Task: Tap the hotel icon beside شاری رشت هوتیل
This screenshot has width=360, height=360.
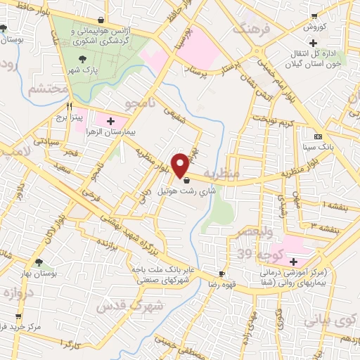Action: coord(186,181)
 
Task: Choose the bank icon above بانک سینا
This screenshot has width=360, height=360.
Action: coord(319,136)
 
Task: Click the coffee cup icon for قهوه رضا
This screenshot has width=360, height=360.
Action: coord(221,274)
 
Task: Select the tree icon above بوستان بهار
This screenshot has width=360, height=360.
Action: coord(38,262)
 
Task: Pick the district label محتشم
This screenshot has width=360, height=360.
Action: coord(48,89)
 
